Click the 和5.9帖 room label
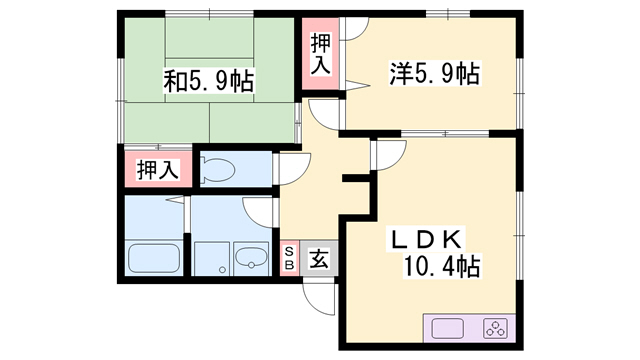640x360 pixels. (208, 79)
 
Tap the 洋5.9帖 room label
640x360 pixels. (433, 73)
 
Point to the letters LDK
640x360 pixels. (425, 239)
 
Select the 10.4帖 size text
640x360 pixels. (441, 266)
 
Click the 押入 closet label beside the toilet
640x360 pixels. (157, 169)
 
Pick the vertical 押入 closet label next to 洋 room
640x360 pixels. (320, 54)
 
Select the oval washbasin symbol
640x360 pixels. (250, 258)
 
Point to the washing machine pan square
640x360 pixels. (211, 257)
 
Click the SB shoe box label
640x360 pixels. (289, 258)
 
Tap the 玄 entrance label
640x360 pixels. (317, 258)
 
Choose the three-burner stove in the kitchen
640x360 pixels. (494, 328)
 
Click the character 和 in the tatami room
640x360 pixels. (175, 79)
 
